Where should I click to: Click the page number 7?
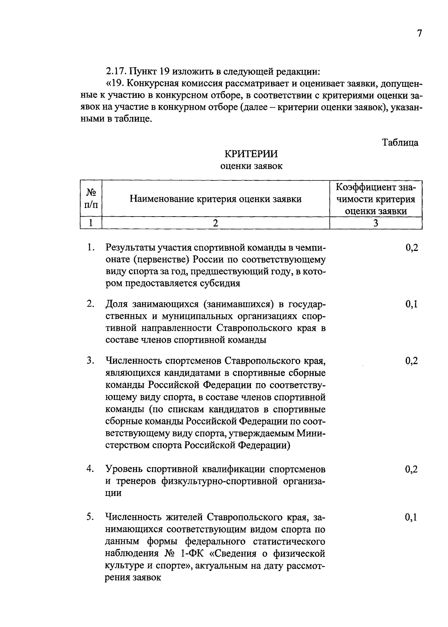click(419, 34)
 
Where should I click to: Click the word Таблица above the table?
click(400, 143)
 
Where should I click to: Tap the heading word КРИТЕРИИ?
click(251, 154)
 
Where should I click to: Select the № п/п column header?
click(91, 198)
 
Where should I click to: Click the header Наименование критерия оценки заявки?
click(215, 199)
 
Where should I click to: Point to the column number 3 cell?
click(376, 223)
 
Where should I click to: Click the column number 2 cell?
click(215, 223)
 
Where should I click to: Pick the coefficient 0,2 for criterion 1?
click(411, 248)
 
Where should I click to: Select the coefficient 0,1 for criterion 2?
click(411, 304)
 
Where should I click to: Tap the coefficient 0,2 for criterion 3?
click(411, 361)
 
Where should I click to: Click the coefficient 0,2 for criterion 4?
click(411, 469)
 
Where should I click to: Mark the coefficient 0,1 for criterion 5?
click(411, 518)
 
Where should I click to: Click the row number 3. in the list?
click(90, 361)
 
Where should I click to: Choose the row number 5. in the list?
click(90, 518)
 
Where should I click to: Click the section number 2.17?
click(117, 71)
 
